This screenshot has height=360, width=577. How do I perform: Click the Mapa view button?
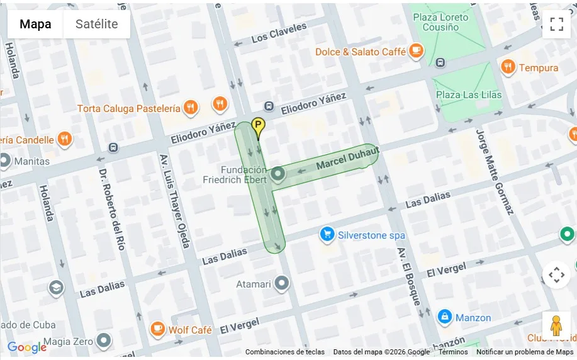click(x=35, y=25)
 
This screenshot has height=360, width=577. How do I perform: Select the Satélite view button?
click(x=96, y=25)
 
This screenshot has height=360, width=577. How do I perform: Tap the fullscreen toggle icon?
click(x=556, y=25)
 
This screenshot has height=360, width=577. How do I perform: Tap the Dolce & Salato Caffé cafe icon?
click(x=415, y=51)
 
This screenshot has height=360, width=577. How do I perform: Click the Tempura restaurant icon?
click(x=508, y=67)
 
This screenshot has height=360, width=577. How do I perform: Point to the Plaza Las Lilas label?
click(x=469, y=94)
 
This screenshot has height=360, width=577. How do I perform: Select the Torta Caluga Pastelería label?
click(x=128, y=108)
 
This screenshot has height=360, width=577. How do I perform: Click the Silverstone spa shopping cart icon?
click(x=327, y=235)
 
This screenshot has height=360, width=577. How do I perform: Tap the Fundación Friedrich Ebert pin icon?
click(x=278, y=175)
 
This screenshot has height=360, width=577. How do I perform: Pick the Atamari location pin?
click(x=282, y=284)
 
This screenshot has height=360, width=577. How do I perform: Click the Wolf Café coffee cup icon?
click(x=157, y=329)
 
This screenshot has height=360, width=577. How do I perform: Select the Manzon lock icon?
click(x=445, y=317)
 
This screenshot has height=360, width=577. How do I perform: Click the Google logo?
click(x=26, y=347)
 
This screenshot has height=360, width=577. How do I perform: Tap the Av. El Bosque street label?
click(x=408, y=276)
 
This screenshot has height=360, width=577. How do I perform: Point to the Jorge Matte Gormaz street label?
click(x=495, y=171)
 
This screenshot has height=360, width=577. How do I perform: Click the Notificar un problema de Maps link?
click(x=525, y=352)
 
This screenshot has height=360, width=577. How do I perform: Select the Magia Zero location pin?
click(x=104, y=341)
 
